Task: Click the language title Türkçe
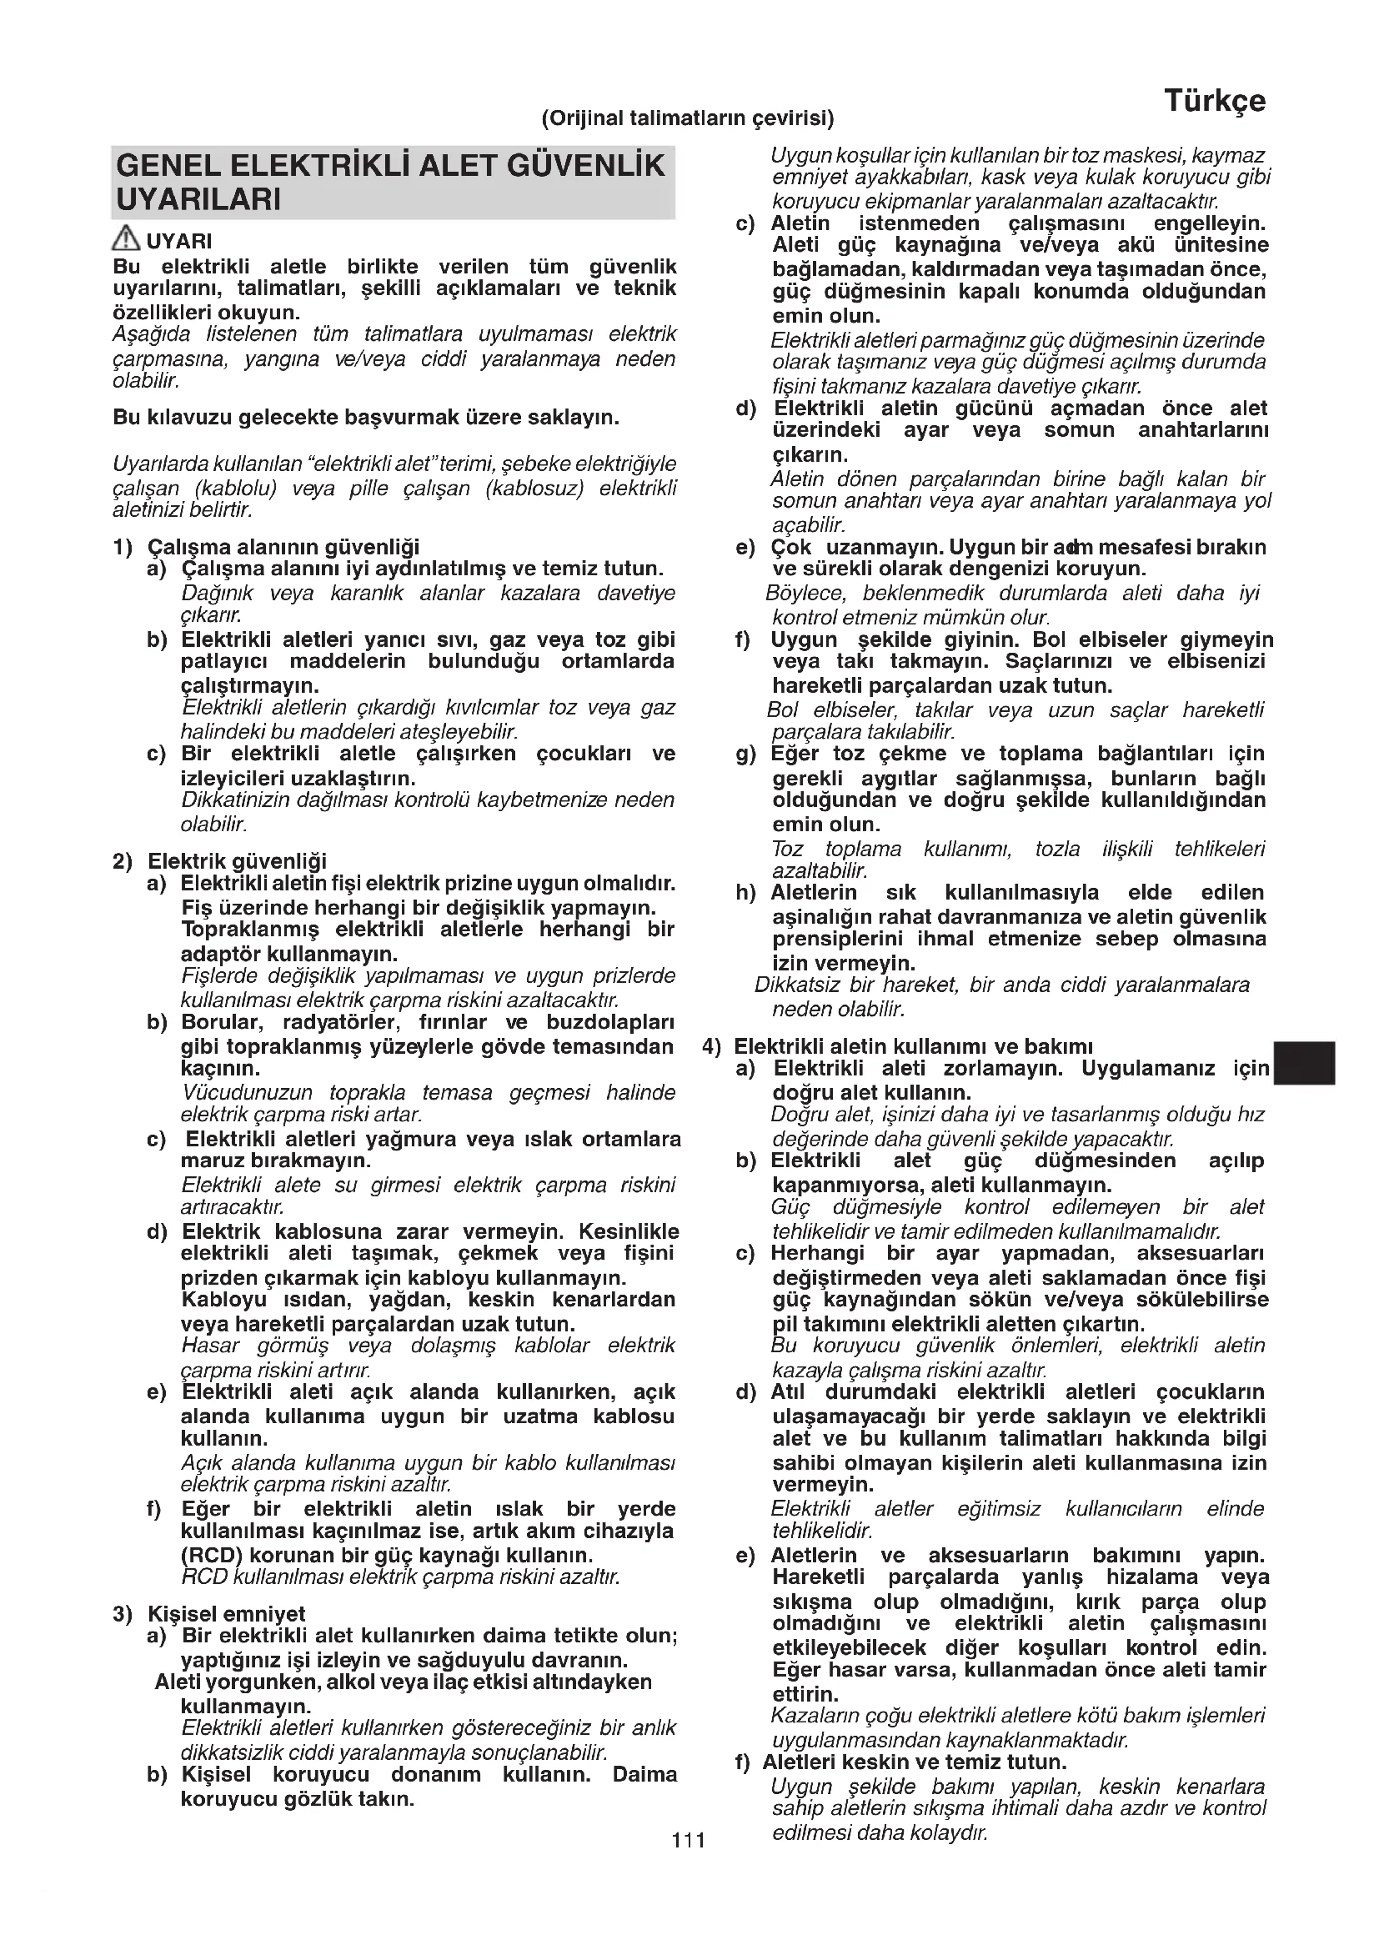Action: (x=1214, y=101)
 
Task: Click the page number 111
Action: (x=689, y=1840)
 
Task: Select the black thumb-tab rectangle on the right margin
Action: (x=1305, y=1062)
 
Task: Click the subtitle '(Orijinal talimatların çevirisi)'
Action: (x=688, y=118)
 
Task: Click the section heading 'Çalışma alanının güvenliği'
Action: (x=283, y=547)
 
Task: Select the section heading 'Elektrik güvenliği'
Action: (x=237, y=861)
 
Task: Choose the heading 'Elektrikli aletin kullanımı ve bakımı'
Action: (x=913, y=1046)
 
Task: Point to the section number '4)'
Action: (x=711, y=1046)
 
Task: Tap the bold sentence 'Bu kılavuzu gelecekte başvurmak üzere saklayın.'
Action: (x=366, y=418)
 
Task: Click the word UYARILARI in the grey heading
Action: (x=198, y=200)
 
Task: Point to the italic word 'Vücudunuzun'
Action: (x=247, y=1092)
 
